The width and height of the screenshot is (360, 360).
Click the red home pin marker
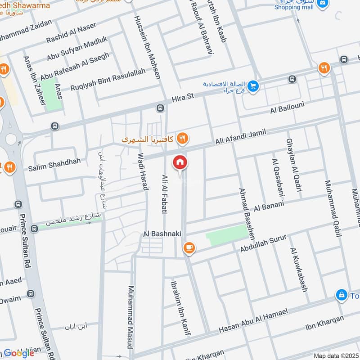pos(180,162)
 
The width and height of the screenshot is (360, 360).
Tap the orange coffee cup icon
pos(189,247)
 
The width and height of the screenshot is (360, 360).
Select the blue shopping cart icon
pos(253,85)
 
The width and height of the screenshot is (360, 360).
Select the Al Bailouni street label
pos(288,108)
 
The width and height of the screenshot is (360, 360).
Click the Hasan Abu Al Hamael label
pos(252,322)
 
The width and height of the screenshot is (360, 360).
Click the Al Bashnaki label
pos(158,234)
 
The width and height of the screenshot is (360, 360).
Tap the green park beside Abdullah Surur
pos(227,235)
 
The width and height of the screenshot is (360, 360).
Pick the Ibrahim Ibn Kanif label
pos(179,308)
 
